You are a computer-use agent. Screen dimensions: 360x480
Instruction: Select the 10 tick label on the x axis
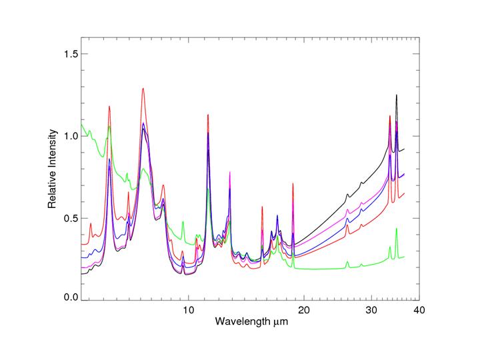click(188, 310)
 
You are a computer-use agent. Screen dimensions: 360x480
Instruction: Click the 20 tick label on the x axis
click(304, 310)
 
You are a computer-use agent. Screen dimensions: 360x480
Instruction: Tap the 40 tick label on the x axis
click(419, 310)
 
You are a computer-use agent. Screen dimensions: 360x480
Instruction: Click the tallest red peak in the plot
click(143, 89)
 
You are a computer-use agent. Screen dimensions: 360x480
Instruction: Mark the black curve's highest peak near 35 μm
click(397, 95)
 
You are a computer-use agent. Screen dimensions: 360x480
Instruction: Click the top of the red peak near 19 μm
click(293, 183)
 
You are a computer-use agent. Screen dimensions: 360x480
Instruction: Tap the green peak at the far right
click(397, 229)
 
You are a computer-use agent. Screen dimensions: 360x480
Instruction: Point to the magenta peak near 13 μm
click(230, 173)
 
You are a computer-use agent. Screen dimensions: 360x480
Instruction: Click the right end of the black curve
click(405, 149)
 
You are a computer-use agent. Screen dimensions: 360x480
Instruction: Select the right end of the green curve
click(405, 257)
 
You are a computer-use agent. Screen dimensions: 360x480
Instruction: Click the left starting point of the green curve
click(81, 123)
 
